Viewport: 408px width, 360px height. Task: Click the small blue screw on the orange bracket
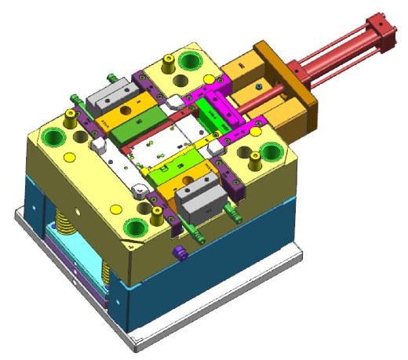coord(258,84)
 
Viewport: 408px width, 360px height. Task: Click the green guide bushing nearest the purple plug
coord(135,227)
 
